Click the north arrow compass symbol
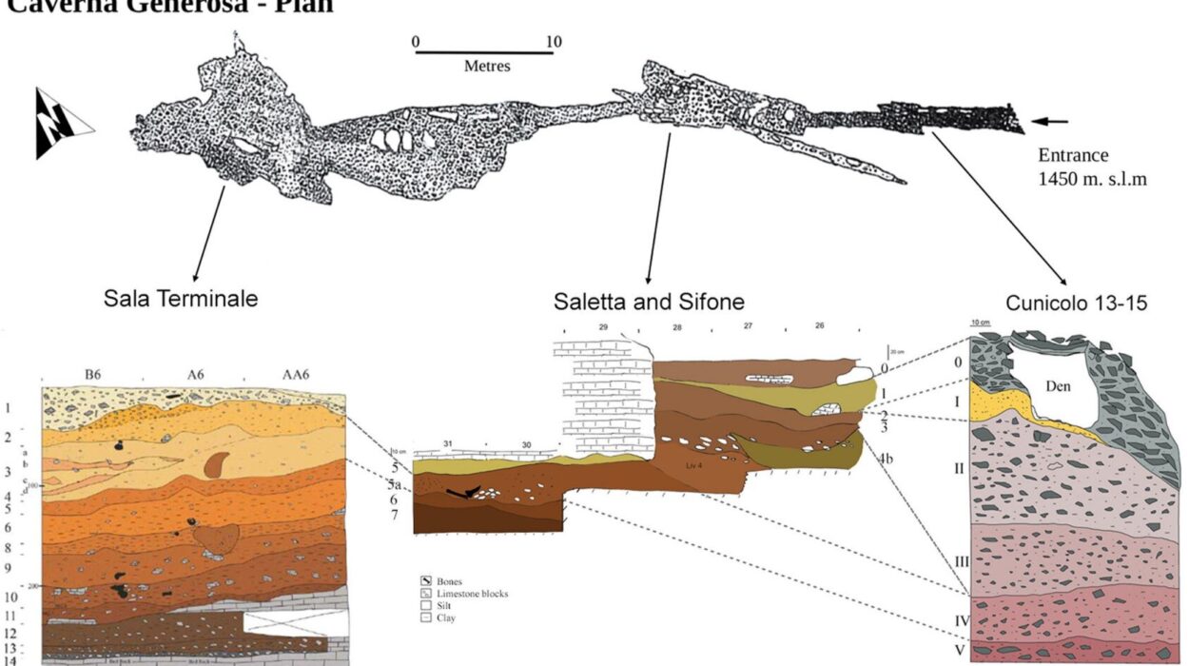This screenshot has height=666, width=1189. tap(63, 123)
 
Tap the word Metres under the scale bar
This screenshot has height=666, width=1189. tap(487, 67)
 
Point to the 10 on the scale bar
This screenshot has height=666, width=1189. tap(554, 42)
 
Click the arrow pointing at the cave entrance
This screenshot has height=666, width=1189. tap(1050, 121)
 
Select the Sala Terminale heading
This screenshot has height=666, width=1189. tap(181, 299)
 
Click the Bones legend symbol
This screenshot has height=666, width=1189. tap(427, 580)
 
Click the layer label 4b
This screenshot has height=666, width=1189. tap(886, 458)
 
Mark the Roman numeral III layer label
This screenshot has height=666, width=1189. tap(962, 561)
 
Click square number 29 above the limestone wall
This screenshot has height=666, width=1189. tap(602, 327)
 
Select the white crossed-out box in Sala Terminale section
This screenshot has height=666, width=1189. tap(294, 623)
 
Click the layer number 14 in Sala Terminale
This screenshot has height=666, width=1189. tap(10, 660)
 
